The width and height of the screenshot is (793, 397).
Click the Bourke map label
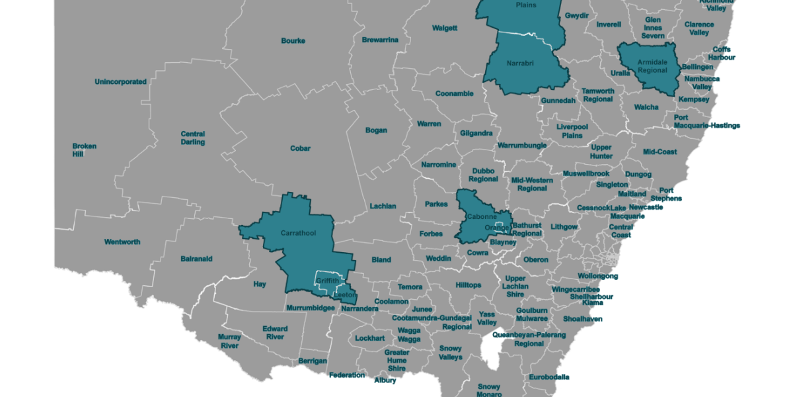coord(293,41)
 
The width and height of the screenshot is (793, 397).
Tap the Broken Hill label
coord(84,150)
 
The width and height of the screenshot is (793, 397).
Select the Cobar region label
coord(300,149)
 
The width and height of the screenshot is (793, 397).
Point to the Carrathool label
coord(298,233)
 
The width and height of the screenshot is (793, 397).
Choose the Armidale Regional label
coord(652,66)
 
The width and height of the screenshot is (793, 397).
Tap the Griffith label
coord(327,281)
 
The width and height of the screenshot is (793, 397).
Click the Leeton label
coord(345,294)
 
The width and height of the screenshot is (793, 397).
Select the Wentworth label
coord(122,242)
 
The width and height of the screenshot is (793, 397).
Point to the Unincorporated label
coord(120,82)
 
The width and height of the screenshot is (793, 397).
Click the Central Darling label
coord(193,138)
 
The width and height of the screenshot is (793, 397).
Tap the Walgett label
coord(444,28)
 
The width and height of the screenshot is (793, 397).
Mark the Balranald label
coord(196,259)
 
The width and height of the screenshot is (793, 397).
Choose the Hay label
coord(260,285)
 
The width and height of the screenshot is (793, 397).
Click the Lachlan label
coord(383,206)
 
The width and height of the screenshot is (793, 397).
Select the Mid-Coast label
coord(660,152)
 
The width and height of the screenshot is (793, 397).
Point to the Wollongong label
coord(597,276)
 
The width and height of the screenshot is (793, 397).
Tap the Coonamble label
coord(454,94)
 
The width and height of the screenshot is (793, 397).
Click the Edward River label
coord(274,333)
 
